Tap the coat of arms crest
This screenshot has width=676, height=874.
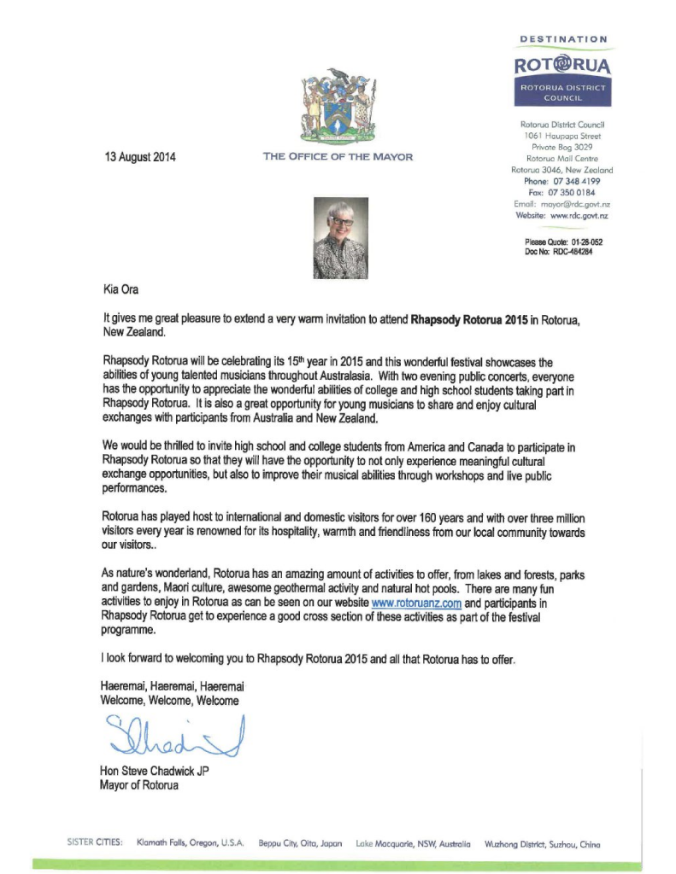(x=337, y=106)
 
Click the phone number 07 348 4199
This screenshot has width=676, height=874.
(x=575, y=181)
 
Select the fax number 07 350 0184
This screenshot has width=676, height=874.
(x=574, y=192)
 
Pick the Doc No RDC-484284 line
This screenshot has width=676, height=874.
(x=559, y=252)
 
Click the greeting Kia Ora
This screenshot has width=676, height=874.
(x=120, y=289)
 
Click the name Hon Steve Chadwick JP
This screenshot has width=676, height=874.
(x=155, y=772)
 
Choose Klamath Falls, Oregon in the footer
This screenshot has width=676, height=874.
(x=191, y=843)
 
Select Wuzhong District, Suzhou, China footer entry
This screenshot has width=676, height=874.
(x=542, y=843)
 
